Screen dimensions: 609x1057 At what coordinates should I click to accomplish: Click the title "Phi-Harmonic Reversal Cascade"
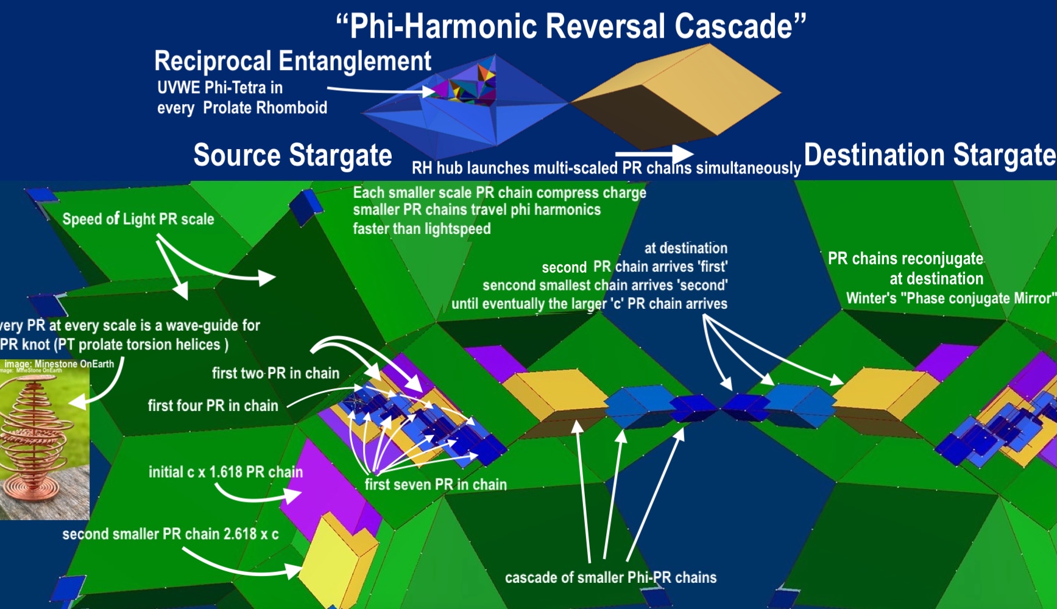(571, 26)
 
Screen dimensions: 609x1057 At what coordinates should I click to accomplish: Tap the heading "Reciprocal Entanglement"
(292, 61)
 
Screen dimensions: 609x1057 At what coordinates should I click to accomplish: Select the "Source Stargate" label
(292, 155)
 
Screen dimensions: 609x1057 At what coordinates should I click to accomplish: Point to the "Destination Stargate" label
(930, 155)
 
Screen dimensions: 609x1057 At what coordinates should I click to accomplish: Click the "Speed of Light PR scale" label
(138, 219)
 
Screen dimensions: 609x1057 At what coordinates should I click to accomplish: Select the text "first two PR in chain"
(275, 373)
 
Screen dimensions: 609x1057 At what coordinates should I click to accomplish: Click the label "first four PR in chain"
(213, 406)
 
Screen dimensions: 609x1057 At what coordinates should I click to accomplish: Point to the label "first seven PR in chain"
(436, 485)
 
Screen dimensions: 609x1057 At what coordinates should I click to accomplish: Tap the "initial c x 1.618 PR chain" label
(225, 472)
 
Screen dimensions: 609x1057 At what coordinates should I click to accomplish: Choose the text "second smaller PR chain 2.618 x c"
(171, 534)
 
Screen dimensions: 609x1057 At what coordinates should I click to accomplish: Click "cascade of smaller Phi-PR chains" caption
(610, 577)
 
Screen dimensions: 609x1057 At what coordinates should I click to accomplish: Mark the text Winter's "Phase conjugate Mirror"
(950, 298)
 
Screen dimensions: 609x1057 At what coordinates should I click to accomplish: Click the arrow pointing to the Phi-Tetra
(381, 91)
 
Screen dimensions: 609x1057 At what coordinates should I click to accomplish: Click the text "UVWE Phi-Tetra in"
(220, 88)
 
